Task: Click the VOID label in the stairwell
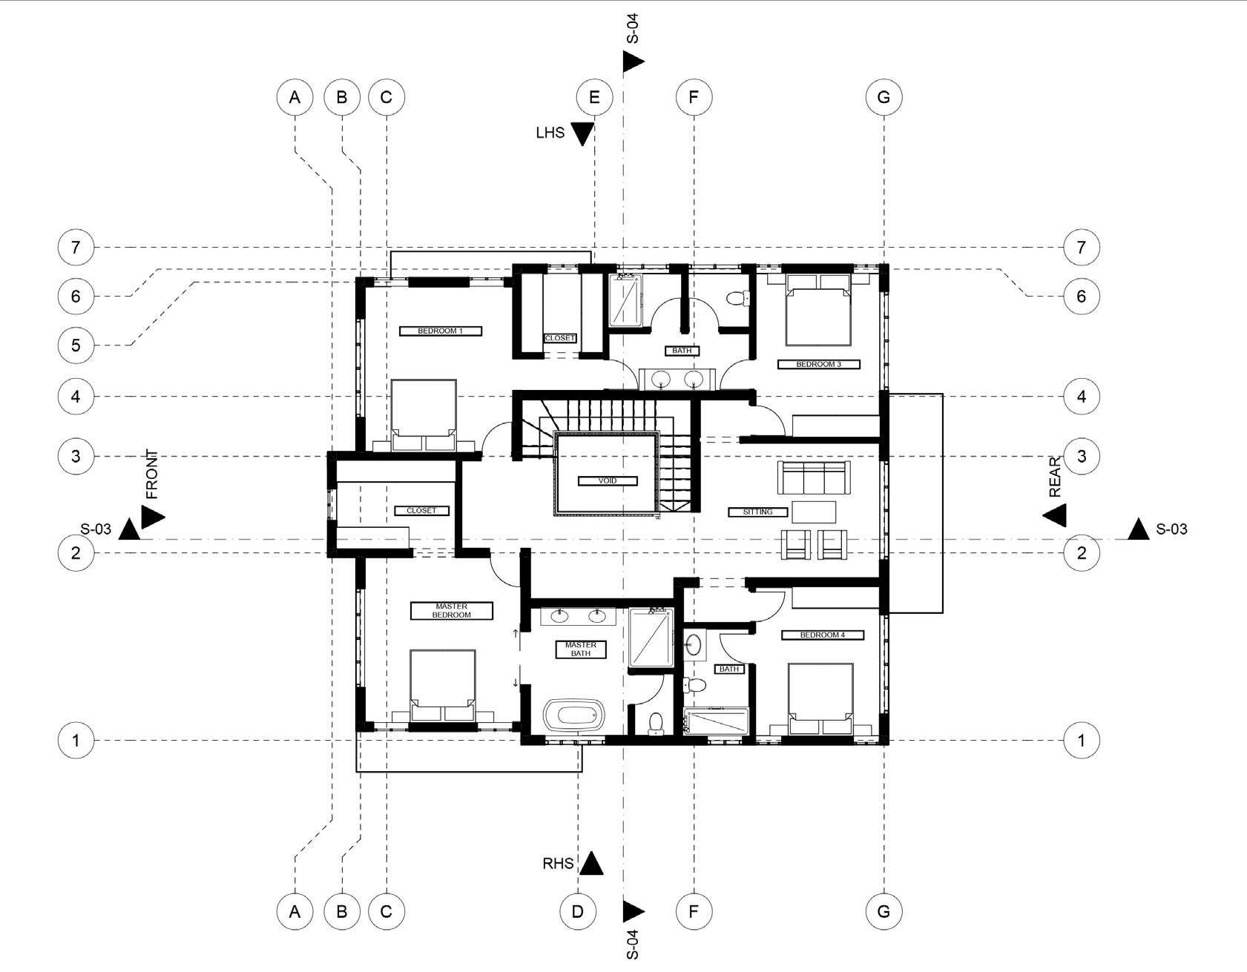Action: tap(607, 480)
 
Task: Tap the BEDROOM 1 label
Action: tap(440, 331)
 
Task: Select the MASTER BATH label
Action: tap(581, 649)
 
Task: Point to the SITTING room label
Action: tap(757, 512)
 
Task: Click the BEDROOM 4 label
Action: tap(823, 635)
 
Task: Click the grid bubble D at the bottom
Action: tap(577, 911)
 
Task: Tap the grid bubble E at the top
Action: tap(594, 97)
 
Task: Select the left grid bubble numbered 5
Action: tap(76, 346)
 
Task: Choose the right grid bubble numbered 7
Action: tap(1081, 247)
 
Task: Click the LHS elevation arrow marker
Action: tap(582, 133)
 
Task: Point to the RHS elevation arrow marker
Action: tap(590, 863)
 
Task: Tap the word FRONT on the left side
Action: tap(152, 475)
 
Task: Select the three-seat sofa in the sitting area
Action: tap(813, 477)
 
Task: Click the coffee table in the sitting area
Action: tap(814, 512)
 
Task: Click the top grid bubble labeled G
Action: tap(884, 97)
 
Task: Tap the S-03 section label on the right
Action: tap(1171, 529)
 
